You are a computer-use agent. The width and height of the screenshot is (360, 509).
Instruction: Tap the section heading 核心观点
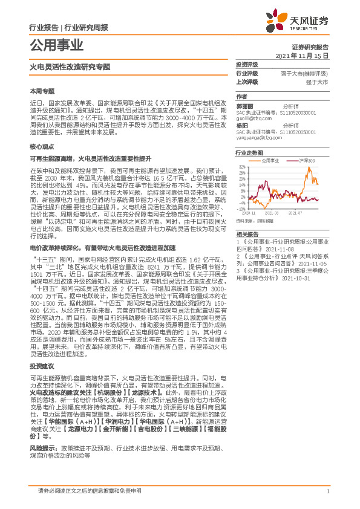point(42,147)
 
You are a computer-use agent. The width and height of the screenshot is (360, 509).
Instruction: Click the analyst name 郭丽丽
point(244,106)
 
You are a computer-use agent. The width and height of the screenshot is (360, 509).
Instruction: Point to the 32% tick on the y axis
point(241,166)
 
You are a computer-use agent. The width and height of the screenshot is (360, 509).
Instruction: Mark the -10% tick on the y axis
point(241,209)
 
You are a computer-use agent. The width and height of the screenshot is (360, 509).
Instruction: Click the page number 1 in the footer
point(327,491)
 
